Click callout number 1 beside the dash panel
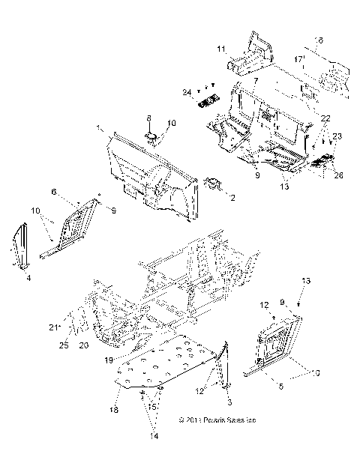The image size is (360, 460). click(100, 130)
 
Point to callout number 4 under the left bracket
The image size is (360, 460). click(28, 278)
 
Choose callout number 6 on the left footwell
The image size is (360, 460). click(74, 193)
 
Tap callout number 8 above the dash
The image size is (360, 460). click(148, 118)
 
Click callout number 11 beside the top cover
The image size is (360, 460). click(221, 49)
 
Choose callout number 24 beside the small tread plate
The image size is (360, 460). click(187, 92)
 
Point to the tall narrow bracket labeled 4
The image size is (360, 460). click(22, 246)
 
